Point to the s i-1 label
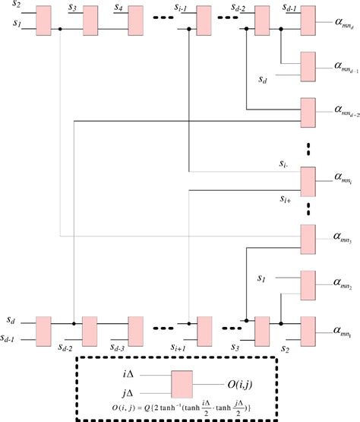(x=185, y=8)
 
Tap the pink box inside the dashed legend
(x=183, y=384)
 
